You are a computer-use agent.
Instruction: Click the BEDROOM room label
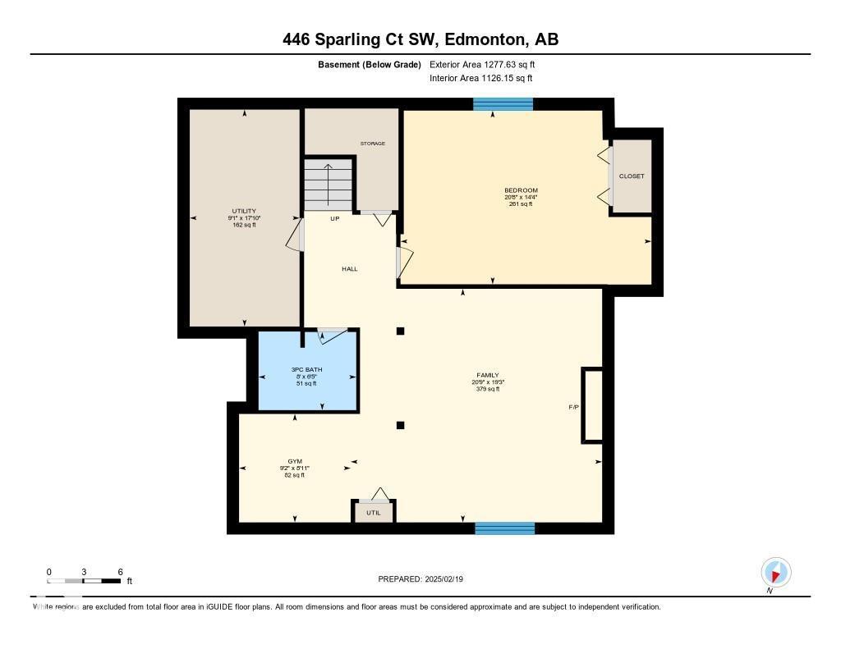(x=521, y=190)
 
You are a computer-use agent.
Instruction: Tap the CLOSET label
(x=632, y=176)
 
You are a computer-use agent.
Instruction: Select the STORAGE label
(x=372, y=144)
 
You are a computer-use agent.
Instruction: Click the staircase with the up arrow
(x=328, y=185)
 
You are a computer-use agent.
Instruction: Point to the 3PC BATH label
(x=306, y=369)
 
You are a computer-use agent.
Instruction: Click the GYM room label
(x=294, y=461)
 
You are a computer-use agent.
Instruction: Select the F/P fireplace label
(x=574, y=408)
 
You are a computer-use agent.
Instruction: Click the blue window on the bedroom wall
(x=503, y=104)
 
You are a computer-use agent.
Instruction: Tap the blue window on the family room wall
(x=504, y=528)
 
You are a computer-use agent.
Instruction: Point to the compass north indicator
(x=775, y=572)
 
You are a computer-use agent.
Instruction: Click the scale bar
(x=85, y=581)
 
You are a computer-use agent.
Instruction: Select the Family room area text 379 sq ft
(x=487, y=389)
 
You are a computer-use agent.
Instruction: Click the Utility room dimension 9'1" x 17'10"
(x=244, y=217)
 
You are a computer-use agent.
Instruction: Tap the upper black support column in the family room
(x=400, y=331)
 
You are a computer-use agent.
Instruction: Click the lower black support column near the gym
(x=400, y=425)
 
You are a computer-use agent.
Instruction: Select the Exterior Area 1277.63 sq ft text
(x=483, y=64)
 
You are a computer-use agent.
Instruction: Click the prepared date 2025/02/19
(x=451, y=579)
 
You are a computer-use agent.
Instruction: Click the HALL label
(x=350, y=269)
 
